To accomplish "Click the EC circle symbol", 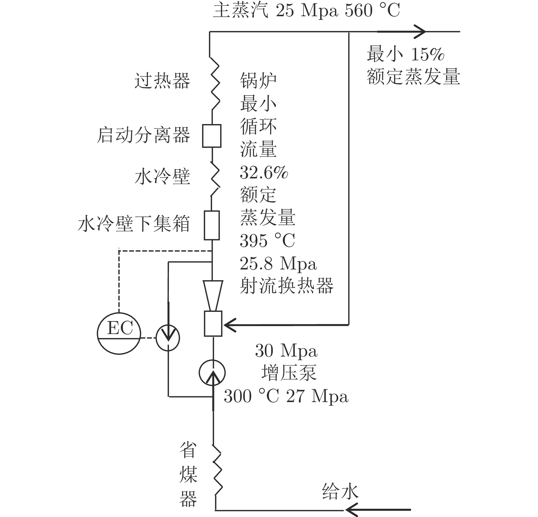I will (x=119, y=333).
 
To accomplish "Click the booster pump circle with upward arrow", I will (x=212, y=372).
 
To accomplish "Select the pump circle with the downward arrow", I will (x=168, y=338).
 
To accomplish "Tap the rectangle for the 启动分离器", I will (x=212, y=136).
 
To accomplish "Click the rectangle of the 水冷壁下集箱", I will (x=212, y=225).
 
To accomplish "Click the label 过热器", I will (x=162, y=81).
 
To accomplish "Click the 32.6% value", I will (x=264, y=172).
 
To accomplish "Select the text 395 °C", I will (x=267, y=241).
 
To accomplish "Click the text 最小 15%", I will (x=405, y=54).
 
